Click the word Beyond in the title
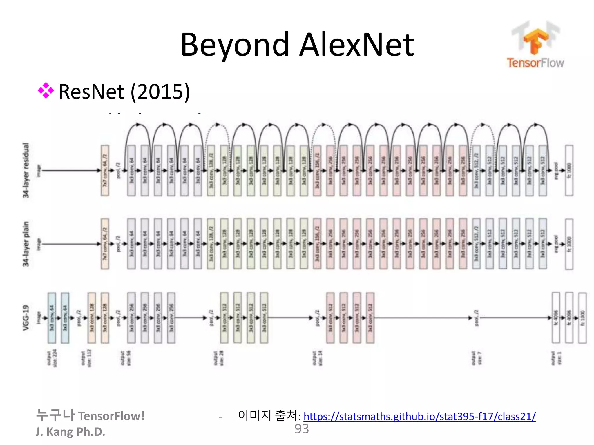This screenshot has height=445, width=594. pyautogui.click(x=235, y=45)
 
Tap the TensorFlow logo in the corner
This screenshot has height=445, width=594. pyautogui.click(x=535, y=45)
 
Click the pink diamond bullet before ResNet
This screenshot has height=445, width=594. pyautogui.click(x=46, y=91)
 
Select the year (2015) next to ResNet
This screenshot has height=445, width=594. pyautogui.click(x=160, y=92)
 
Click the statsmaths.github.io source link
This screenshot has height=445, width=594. pyautogui.click(x=419, y=416)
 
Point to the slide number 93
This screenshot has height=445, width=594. pyautogui.click(x=302, y=429)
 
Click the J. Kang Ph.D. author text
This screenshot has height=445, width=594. pyautogui.click(x=70, y=432)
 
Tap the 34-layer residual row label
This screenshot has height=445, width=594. pyautogui.click(x=26, y=170)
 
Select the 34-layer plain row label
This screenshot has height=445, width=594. pyautogui.click(x=26, y=244)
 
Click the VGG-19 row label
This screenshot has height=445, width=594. pyautogui.click(x=26, y=318)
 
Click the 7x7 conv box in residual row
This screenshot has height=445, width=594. pyautogui.click(x=105, y=170)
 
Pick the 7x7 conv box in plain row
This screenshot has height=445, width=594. pyautogui.click(x=105, y=244)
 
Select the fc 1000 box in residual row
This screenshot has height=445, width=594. pyautogui.click(x=569, y=170)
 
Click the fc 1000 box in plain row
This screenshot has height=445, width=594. pyautogui.click(x=569, y=244)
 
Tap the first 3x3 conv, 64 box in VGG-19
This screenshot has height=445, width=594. pyautogui.click(x=52, y=318)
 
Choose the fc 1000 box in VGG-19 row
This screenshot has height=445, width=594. pyautogui.click(x=582, y=318)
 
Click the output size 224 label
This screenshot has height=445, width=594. pyautogui.click(x=52, y=358)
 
